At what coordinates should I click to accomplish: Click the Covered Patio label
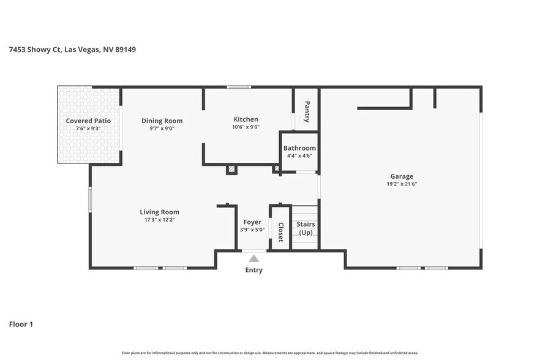pos(88,121)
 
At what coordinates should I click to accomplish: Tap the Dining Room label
pos(162,121)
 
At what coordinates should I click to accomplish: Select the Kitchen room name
pos(246,119)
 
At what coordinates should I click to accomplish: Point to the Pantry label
pos(307,111)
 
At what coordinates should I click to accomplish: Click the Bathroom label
pos(299,148)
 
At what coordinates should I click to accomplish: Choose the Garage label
pos(402,176)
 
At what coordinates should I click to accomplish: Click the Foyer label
pos(252,222)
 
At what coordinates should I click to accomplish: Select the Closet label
pos(280,232)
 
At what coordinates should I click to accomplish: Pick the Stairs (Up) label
pos(305,228)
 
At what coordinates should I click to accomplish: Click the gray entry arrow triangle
pos(253,258)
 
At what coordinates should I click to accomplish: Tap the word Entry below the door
pos(253,270)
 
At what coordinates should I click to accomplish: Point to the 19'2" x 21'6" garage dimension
pos(402,184)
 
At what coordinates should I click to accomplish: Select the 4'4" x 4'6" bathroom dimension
pos(299,156)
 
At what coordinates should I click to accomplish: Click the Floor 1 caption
pos(21,324)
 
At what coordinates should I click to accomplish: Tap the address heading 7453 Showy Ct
pos(72,50)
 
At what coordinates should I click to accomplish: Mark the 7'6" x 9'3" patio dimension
pos(88,129)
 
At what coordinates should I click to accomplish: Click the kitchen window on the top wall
pos(239,87)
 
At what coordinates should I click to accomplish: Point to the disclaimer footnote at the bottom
pos(270,353)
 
